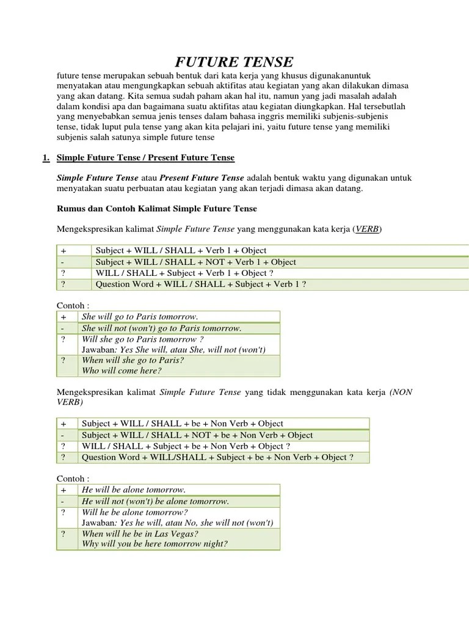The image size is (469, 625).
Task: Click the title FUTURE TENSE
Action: (234, 62)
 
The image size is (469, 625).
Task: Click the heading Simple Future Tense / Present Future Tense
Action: (145, 158)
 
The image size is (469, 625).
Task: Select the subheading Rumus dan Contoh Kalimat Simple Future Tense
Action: (157, 209)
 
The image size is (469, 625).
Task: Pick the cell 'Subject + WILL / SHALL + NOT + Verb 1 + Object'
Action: (196, 262)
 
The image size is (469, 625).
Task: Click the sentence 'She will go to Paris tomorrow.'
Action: (140, 316)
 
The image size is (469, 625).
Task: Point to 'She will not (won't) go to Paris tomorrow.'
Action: (162, 328)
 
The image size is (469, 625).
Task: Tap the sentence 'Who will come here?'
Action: (120, 371)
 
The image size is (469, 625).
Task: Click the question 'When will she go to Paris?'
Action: (133, 360)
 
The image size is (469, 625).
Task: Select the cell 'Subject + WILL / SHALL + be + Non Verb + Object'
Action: (183, 424)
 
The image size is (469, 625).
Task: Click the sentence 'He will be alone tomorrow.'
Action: (133, 490)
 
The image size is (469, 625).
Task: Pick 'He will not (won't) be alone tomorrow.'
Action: (156, 501)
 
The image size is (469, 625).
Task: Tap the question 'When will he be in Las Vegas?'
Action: (140, 533)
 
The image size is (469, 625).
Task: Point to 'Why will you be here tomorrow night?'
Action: (155, 544)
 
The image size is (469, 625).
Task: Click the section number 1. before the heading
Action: (46, 158)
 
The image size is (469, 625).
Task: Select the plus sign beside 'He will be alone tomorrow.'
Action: (63, 490)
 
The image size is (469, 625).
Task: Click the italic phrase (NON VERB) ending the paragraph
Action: (400, 392)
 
